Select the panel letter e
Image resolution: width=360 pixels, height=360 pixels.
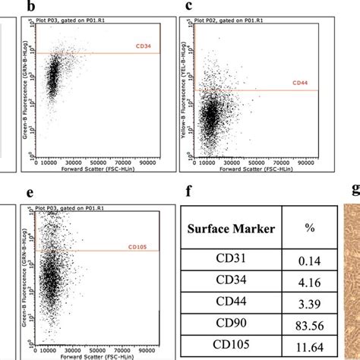(30, 193)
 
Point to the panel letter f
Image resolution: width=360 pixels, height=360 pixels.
(191, 193)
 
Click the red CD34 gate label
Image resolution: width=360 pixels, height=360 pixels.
(144, 46)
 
